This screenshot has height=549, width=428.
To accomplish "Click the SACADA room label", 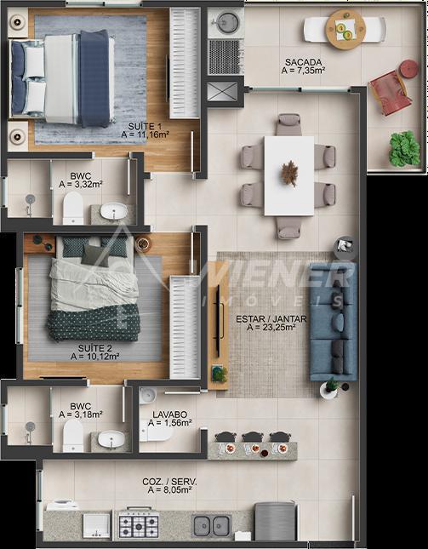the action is coord(303,62).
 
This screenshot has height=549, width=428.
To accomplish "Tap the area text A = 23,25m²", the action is coord(271,328).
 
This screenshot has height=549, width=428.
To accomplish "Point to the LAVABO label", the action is coord(169,415).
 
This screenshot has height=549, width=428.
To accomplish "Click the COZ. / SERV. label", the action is coord(169,482).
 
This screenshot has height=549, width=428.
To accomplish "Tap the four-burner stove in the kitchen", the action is coord(139,523).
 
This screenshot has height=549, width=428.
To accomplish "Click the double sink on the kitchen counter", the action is coord(211,526).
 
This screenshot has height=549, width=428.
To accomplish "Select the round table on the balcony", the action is coord(345,29).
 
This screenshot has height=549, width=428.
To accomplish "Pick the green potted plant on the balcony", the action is coord(404,148).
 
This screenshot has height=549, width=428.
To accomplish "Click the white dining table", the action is coord(289,175).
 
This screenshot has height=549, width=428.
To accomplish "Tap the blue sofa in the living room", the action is coord(334,322).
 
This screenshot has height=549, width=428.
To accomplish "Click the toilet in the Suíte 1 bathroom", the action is coord(73,209).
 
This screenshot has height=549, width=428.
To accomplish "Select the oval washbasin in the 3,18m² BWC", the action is coord(111,438).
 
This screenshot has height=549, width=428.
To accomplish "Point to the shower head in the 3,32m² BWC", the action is coord(30,199).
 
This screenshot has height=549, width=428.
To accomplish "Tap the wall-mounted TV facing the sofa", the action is coord(218,321).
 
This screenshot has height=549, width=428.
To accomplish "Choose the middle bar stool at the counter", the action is coord(253,437).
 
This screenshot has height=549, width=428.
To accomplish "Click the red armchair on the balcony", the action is coord(390,93).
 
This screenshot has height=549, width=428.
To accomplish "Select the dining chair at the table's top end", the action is coord(288,124).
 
